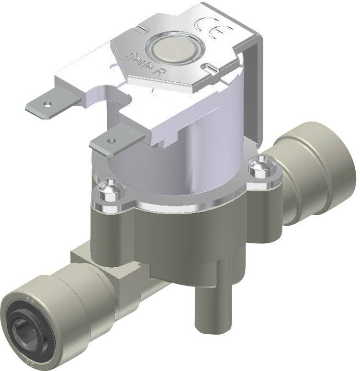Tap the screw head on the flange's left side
tap(109, 187)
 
